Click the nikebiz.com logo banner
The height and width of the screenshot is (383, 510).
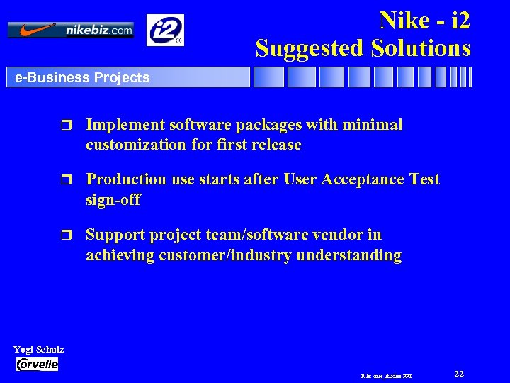(70, 30)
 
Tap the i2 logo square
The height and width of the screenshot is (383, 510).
(165, 30)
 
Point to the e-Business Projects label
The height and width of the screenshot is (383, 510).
(82, 77)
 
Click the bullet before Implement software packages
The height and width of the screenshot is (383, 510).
(68, 126)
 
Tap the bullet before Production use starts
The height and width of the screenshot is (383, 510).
(68, 181)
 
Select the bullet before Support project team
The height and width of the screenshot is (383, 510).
(68, 236)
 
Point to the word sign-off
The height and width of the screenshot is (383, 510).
(113, 200)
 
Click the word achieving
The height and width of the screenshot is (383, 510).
(120, 255)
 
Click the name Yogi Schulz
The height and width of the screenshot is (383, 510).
(39, 349)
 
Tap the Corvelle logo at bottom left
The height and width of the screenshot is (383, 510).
(38, 364)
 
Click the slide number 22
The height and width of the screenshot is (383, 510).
(459, 374)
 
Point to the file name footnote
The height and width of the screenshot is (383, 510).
(386, 376)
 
